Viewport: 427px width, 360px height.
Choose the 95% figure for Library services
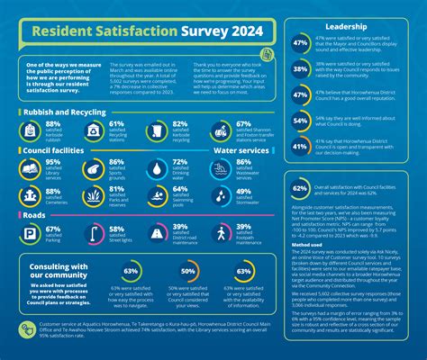(53, 163)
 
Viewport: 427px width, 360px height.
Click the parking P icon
(31, 233)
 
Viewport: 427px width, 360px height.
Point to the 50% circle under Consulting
(189, 271)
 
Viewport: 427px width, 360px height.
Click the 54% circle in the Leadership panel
(300, 119)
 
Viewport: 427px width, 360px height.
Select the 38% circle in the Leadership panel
(300, 67)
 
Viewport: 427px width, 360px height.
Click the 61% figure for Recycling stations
(116, 124)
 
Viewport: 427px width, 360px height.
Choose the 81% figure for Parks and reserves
(116, 191)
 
